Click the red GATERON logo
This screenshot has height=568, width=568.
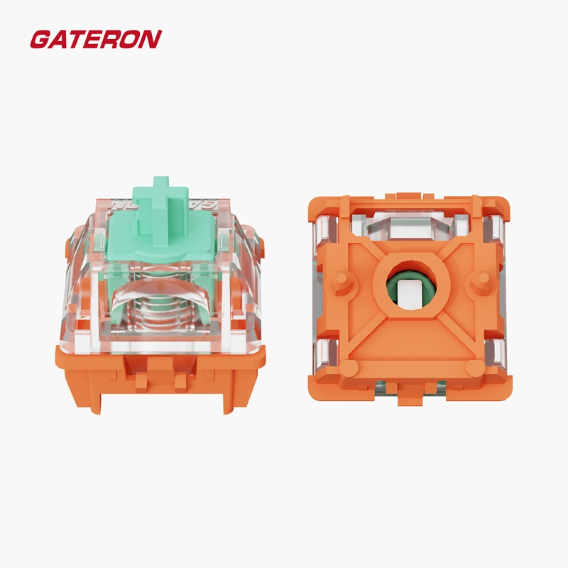(x=96, y=39)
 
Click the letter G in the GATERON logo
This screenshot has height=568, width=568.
(x=39, y=40)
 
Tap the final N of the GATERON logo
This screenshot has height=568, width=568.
(x=151, y=39)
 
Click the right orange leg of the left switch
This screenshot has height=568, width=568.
(x=239, y=395)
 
